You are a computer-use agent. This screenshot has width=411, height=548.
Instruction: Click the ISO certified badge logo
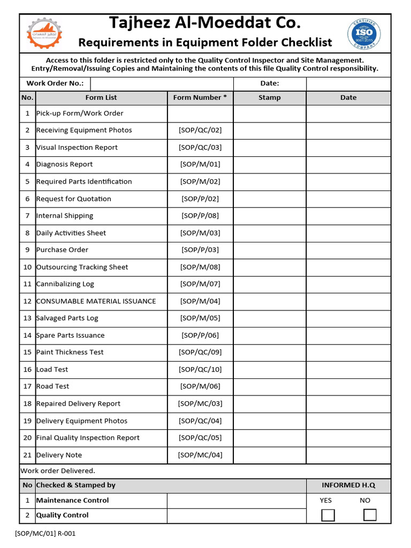[365, 33]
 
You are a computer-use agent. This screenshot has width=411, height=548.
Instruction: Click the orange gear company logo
[44, 34]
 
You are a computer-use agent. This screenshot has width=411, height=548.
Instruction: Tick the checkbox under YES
[328, 515]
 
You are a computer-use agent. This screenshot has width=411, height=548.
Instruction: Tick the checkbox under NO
[369, 515]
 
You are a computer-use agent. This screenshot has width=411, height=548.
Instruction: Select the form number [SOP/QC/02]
[200, 130]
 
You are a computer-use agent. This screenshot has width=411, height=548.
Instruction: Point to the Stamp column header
[269, 97]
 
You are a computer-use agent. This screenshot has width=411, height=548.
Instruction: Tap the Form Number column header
[200, 97]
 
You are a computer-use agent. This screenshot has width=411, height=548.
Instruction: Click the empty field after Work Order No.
[162, 83]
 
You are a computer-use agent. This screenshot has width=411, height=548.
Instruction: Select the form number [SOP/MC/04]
[200, 455]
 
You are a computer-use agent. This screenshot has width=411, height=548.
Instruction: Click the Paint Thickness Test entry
[70, 352]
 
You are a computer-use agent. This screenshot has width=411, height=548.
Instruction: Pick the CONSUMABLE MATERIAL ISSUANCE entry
[96, 301]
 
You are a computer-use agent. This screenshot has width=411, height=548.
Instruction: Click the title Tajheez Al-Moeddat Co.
[205, 23]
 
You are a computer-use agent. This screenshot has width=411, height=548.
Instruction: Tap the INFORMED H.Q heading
[348, 485]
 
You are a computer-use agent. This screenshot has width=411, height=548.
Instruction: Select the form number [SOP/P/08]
[200, 216]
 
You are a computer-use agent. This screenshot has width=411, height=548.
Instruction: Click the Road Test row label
[52, 386]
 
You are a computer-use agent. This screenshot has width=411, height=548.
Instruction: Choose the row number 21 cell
[27, 455]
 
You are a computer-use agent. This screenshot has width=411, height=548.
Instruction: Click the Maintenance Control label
[72, 500]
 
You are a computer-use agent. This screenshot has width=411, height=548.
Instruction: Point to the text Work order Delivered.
[58, 471]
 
